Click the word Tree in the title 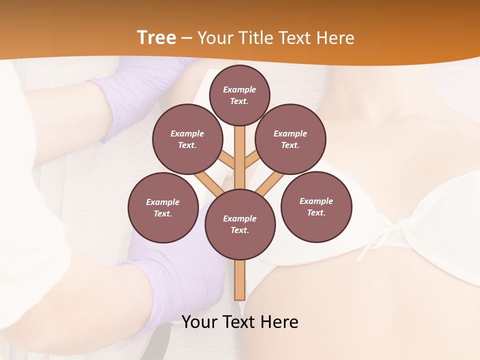pos(156,38)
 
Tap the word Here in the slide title pos(335,38)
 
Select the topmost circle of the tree pos(239,95)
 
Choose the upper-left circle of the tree pos(187,139)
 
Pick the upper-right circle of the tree pos(290,139)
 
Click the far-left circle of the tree pos(163,207)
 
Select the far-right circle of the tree pos(316,206)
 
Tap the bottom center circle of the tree pos(239,224)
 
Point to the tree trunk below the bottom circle pos(239,280)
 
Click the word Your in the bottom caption pos(198,322)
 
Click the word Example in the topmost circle pos(239,89)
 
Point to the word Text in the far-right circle pos(316,212)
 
